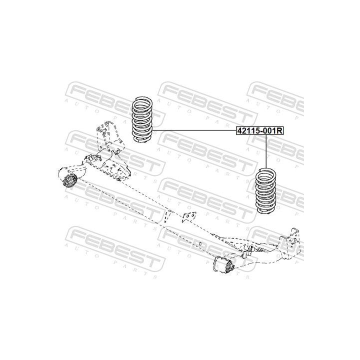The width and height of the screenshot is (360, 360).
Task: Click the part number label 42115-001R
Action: tap(260, 131)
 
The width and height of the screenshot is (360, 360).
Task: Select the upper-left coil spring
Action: tap(142, 119)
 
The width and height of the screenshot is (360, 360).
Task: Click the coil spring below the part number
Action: tap(266, 191)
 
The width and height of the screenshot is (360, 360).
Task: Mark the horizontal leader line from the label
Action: tap(194, 130)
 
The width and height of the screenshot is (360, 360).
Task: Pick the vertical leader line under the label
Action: tap(266, 151)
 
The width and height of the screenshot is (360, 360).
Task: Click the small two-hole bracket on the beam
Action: tap(188, 217)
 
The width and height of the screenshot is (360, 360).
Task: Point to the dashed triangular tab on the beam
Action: tap(168, 217)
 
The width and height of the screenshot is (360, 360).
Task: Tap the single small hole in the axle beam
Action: tap(200, 243)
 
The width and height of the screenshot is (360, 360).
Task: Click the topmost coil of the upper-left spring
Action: tap(142, 100)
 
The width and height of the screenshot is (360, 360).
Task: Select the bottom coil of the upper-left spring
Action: tap(142, 139)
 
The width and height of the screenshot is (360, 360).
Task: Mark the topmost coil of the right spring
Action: tap(266, 171)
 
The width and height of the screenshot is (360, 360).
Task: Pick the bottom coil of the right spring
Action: tap(266, 210)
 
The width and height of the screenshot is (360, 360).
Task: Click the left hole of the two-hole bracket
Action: tap(187, 216)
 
